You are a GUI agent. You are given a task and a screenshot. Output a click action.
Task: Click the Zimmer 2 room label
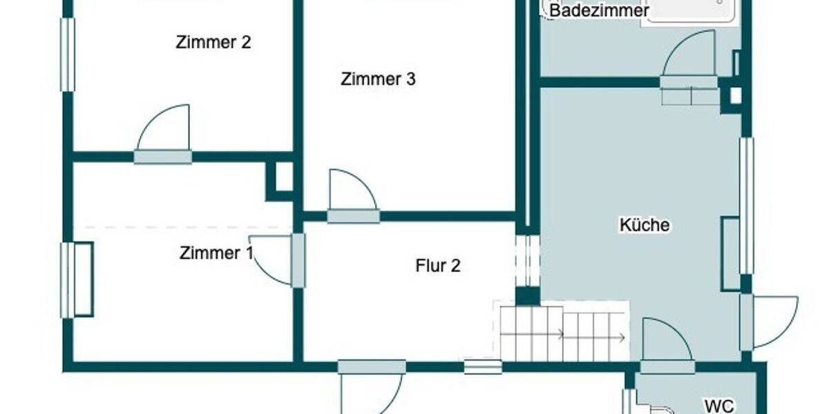tap(213, 43)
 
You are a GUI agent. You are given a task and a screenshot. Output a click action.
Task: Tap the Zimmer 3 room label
tap(378, 79)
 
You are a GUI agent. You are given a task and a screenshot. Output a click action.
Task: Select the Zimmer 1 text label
tap(216, 253)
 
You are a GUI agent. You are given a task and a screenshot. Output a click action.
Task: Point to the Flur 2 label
tap(438, 266)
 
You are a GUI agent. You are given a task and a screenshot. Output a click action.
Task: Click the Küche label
tap(644, 225)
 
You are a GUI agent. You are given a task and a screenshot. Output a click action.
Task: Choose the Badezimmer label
tap(599, 11)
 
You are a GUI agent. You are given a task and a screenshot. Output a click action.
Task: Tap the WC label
tap(718, 405)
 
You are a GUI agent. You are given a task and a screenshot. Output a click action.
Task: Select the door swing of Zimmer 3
tap(351, 192)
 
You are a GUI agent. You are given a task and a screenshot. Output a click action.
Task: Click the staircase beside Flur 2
tap(561, 333)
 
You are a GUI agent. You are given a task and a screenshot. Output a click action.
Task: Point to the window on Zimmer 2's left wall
tap(67, 55)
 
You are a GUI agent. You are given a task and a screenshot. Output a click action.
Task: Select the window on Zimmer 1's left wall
tap(67, 279)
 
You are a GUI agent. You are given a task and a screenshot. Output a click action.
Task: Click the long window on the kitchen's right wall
tap(746, 205)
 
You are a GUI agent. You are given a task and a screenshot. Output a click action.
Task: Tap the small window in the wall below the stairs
tap(482, 367)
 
